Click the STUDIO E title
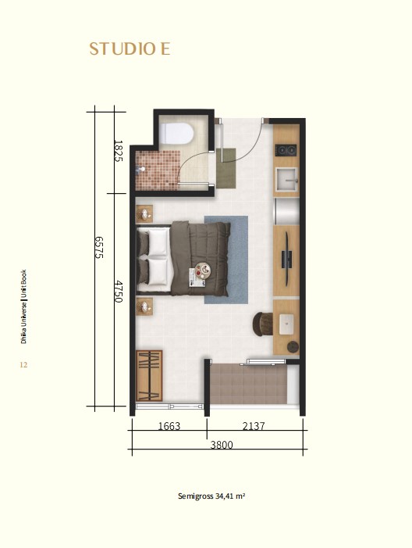pyautogui.click(x=130, y=49)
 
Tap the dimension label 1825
pyautogui.click(x=119, y=151)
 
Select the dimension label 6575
pyautogui.click(x=99, y=247)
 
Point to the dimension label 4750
pyautogui.click(x=119, y=291)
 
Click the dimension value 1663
pyautogui.click(x=169, y=426)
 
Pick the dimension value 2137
pyautogui.click(x=254, y=426)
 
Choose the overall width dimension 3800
pyautogui.click(x=222, y=445)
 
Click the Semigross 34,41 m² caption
pyautogui.click(x=211, y=496)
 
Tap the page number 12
pyautogui.click(x=23, y=365)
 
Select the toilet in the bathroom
pyautogui.click(x=176, y=133)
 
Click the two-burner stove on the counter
pyautogui.click(x=286, y=151)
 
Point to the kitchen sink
pyautogui.click(x=286, y=180)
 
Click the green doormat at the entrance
pyautogui.click(x=226, y=168)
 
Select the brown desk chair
pyautogui.click(x=263, y=324)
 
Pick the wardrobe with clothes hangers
pyautogui.click(x=149, y=376)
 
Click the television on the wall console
pyautogui.click(x=286, y=259)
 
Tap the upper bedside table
pyautogui.click(x=144, y=214)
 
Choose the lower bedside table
pyautogui.click(x=144, y=306)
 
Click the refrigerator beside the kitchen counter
pyautogui.click(x=287, y=211)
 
